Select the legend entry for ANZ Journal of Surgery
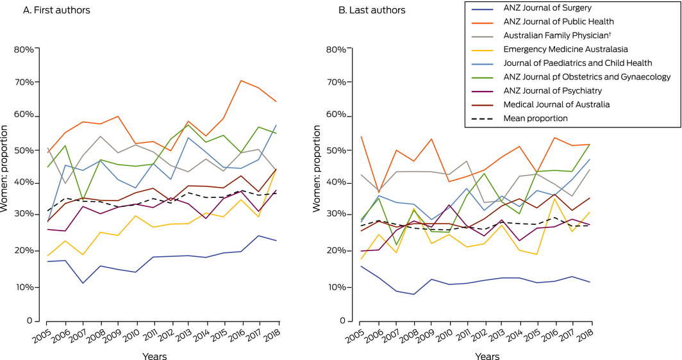tap(538, 8)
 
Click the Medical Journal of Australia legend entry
tap(556, 104)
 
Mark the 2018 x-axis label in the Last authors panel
tap(583, 334)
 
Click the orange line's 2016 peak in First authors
tap(240, 81)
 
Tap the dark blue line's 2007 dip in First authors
tap(82, 283)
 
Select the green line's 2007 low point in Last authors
tap(395, 245)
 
